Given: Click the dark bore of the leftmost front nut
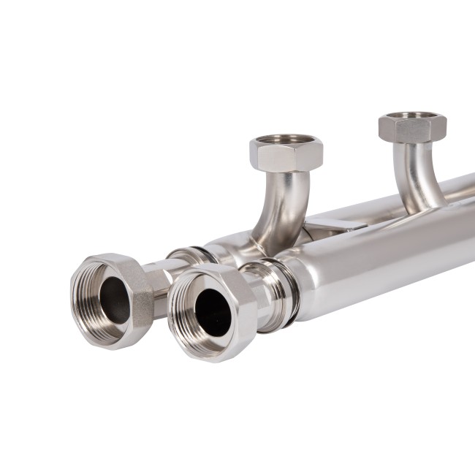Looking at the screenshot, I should [115, 300].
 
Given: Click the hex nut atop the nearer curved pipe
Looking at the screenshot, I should [286, 154].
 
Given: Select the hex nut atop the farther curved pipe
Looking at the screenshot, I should [412, 129].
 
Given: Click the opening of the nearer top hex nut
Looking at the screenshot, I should [286, 139].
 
